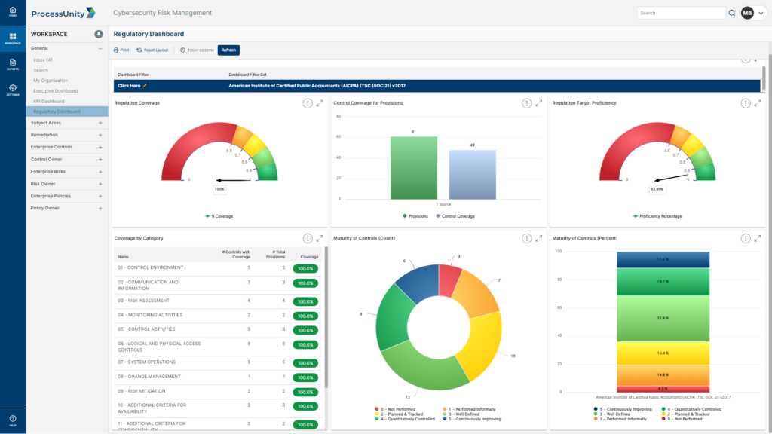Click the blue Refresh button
[x=228, y=50]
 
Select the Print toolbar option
[x=121, y=50]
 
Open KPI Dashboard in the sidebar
[x=48, y=101]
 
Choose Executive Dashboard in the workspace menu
[x=55, y=90]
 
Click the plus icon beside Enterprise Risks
[x=100, y=171]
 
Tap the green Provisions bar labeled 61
[x=414, y=167]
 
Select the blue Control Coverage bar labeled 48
[x=473, y=174]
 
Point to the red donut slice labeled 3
[x=449, y=280]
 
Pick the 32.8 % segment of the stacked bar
[x=663, y=318]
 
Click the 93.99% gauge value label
[x=657, y=189]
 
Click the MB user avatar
[x=747, y=13]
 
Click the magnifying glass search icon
[x=731, y=13]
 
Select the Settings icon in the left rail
[x=13, y=90]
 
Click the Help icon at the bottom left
[x=13, y=420]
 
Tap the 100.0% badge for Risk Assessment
[x=305, y=301]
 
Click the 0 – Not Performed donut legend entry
[x=396, y=408]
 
